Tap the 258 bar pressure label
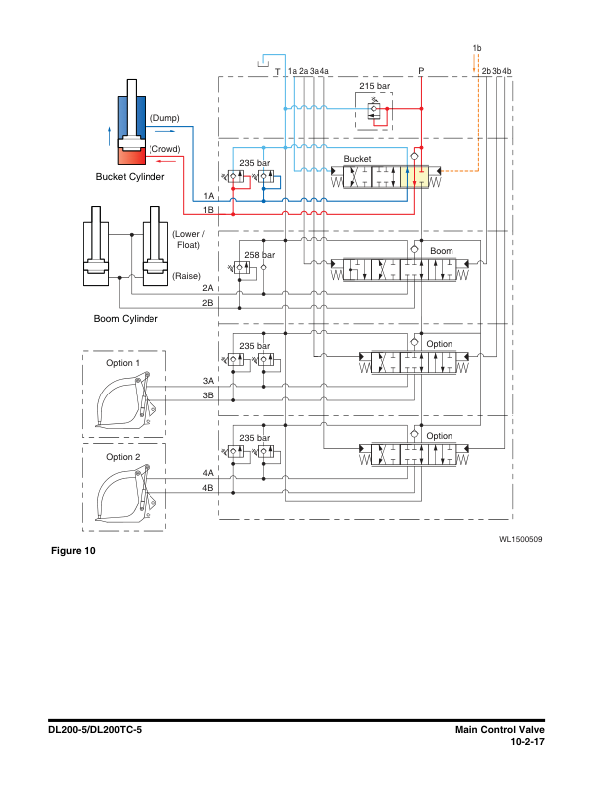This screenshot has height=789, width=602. (x=259, y=255)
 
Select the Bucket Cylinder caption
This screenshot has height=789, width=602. (x=130, y=177)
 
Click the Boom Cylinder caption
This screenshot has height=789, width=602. (x=126, y=319)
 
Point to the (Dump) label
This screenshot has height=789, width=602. (x=164, y=118)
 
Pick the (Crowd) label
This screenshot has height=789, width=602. (x=164, y=149)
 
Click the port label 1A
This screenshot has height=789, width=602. (x=208, y=196)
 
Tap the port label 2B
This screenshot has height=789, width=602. (x=208, y=302)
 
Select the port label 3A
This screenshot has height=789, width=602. (x=208, y=381)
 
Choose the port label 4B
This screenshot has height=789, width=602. (x=208, y=488)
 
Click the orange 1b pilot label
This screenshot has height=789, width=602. (x=477, y=48)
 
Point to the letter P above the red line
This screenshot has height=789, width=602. (x=421, y=71)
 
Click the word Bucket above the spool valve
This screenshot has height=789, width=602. (x=357, y=159)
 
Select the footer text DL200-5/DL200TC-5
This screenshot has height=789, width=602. (x=96, y=730)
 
